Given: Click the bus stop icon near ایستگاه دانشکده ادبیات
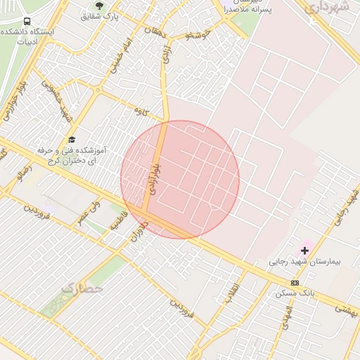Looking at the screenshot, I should [27, 22].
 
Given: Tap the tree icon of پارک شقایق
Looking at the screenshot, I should [98, 5].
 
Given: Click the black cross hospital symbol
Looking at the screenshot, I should [305, 250].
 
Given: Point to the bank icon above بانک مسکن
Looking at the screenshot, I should [295, 283].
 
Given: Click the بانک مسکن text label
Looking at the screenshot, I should [294, 292].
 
